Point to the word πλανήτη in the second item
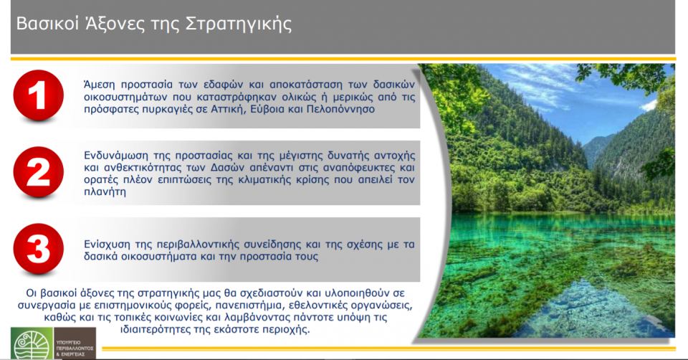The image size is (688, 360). pos(105,194)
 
